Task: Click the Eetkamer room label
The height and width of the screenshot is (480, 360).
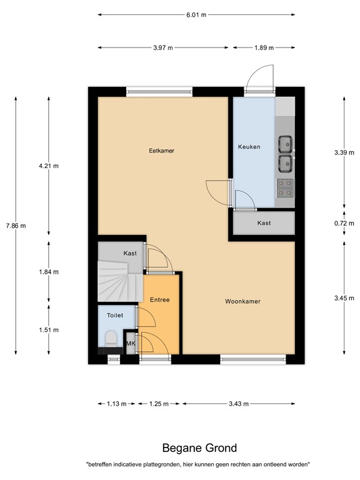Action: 162,151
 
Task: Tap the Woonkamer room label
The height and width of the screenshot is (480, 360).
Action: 242,301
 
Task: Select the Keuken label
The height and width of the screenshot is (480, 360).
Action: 249,147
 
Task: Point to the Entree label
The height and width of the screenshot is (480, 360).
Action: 160,300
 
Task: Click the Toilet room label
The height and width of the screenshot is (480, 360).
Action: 115,315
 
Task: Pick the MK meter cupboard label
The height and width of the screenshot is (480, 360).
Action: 131,344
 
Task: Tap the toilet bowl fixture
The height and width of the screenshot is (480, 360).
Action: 111,339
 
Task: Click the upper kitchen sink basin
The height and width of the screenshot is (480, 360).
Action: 285,144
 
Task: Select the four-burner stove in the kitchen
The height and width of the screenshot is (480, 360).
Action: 285,187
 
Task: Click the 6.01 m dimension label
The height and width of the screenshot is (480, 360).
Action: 196,15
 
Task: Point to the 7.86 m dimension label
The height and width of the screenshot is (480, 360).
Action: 16,226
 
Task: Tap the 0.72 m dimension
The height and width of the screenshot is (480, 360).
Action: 344,224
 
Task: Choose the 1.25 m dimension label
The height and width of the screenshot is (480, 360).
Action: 159,404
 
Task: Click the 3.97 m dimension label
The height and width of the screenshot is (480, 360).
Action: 163,47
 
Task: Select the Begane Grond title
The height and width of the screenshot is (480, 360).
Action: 199,448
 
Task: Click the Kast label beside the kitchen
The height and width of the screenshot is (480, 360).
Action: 264,223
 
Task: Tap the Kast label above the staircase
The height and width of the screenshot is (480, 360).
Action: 130,253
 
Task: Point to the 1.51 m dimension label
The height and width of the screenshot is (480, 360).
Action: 49,330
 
